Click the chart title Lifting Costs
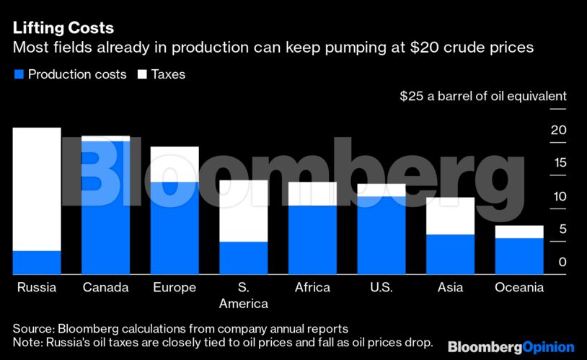[63, 29]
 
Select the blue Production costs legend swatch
[18, 74]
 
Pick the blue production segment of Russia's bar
[37, 263]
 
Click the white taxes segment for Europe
[175, 164]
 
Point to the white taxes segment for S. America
[243, 211]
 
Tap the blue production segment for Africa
[312, 240]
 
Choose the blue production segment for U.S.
[381, 235]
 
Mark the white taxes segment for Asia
[450, 216]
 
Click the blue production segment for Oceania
[518, 256]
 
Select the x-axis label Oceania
[518, 288]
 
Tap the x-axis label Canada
[105, 288]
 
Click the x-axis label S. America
[243, 295]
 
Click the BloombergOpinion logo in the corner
[511, 347]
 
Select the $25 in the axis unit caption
[412, 96]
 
